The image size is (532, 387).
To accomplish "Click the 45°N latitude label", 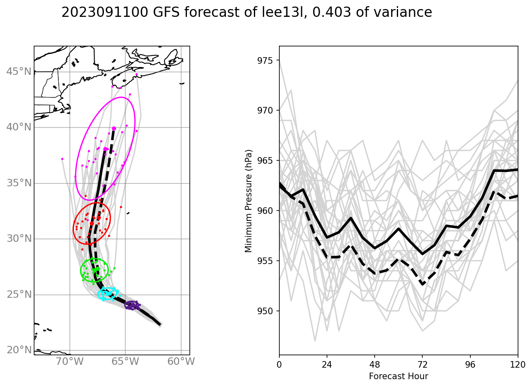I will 19,72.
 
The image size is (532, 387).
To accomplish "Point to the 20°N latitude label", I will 19,350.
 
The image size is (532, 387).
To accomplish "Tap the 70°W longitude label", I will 70,362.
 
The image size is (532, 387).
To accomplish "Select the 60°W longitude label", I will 182,362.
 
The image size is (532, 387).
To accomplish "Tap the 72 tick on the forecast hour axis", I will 422,364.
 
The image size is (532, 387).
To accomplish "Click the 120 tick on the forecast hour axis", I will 518,364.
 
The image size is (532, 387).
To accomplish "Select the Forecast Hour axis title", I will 398,376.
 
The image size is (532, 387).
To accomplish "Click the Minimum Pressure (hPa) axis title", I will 249,201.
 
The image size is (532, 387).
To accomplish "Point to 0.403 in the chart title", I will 332,13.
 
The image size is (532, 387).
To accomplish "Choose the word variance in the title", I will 403,13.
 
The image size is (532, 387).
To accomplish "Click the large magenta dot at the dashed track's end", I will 114,129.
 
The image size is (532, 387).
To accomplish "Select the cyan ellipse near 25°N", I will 109,293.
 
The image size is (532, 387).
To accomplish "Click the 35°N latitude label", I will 19,183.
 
